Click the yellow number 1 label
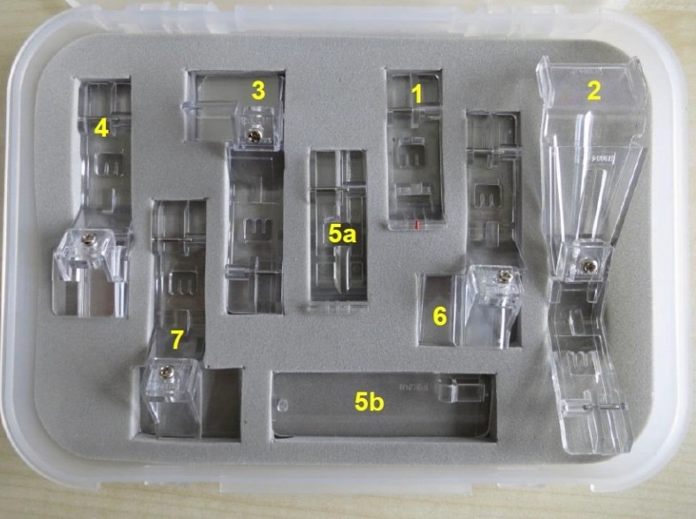[417, 94]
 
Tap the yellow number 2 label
[594, 90]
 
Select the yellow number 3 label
[258, 90]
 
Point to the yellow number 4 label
[101, 128]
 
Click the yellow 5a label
[342, 233]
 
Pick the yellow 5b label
[369, 402]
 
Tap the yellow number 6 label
[440, 317]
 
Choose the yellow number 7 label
[177, 340]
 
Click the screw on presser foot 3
[255, 136]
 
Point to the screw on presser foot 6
[504, 277]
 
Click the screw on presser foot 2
[590, 265]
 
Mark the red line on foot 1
[417, 223]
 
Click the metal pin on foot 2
[605, 407]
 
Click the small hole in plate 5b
[280, 405]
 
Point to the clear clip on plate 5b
[459, 390]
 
